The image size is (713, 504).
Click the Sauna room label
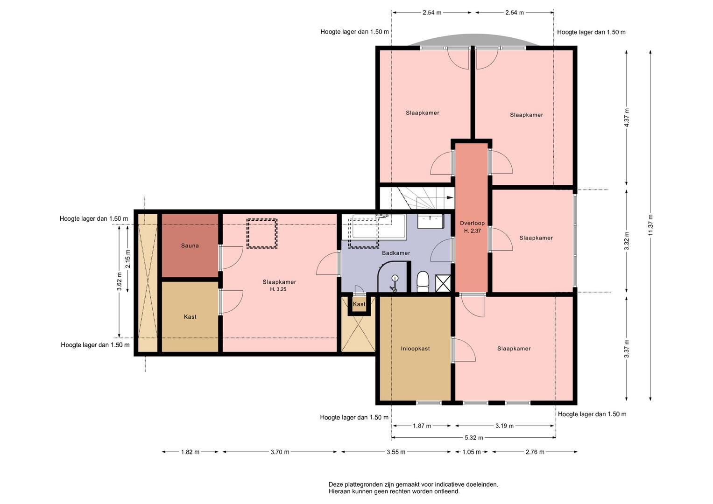[190, 245]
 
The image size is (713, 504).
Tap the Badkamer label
[396, 253]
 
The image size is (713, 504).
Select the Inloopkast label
[416, 349]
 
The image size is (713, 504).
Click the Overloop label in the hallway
[472, 223]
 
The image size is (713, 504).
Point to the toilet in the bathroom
[423, 281]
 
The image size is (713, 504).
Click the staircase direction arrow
[450, 197]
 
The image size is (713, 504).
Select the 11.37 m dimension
[650, 225]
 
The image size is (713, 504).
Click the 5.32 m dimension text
[474, 438]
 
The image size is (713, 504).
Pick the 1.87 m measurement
[422, 426]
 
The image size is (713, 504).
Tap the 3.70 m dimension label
[280, 452]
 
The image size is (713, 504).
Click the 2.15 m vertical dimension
[127, 259]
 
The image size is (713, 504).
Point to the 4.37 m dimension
[627, 118]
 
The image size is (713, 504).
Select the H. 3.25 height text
[278, 289]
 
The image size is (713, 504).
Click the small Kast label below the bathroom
[359, 304]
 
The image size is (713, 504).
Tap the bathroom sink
[431, 221]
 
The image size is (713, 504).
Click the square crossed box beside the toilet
[443, 284]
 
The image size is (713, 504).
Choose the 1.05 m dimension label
[472, 452]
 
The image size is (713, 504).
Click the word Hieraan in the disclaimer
[339, 491]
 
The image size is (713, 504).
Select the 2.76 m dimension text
[535, 452]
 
